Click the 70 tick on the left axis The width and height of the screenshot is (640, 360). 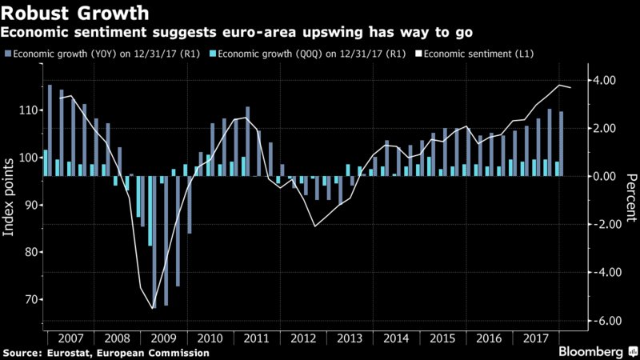(x=32, y=299)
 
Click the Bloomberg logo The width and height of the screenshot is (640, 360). (x=593, y=351)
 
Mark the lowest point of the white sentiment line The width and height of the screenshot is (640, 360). (x=152, y=308)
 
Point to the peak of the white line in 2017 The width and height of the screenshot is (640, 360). (x=558, y=85)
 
